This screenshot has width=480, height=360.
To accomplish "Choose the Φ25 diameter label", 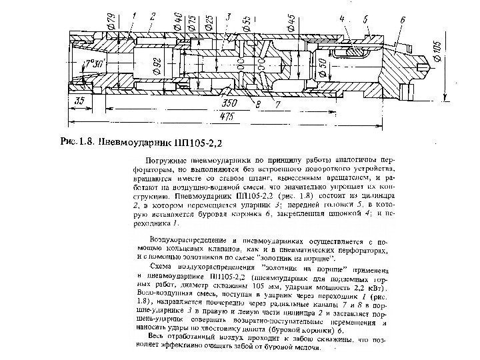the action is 208,22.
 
